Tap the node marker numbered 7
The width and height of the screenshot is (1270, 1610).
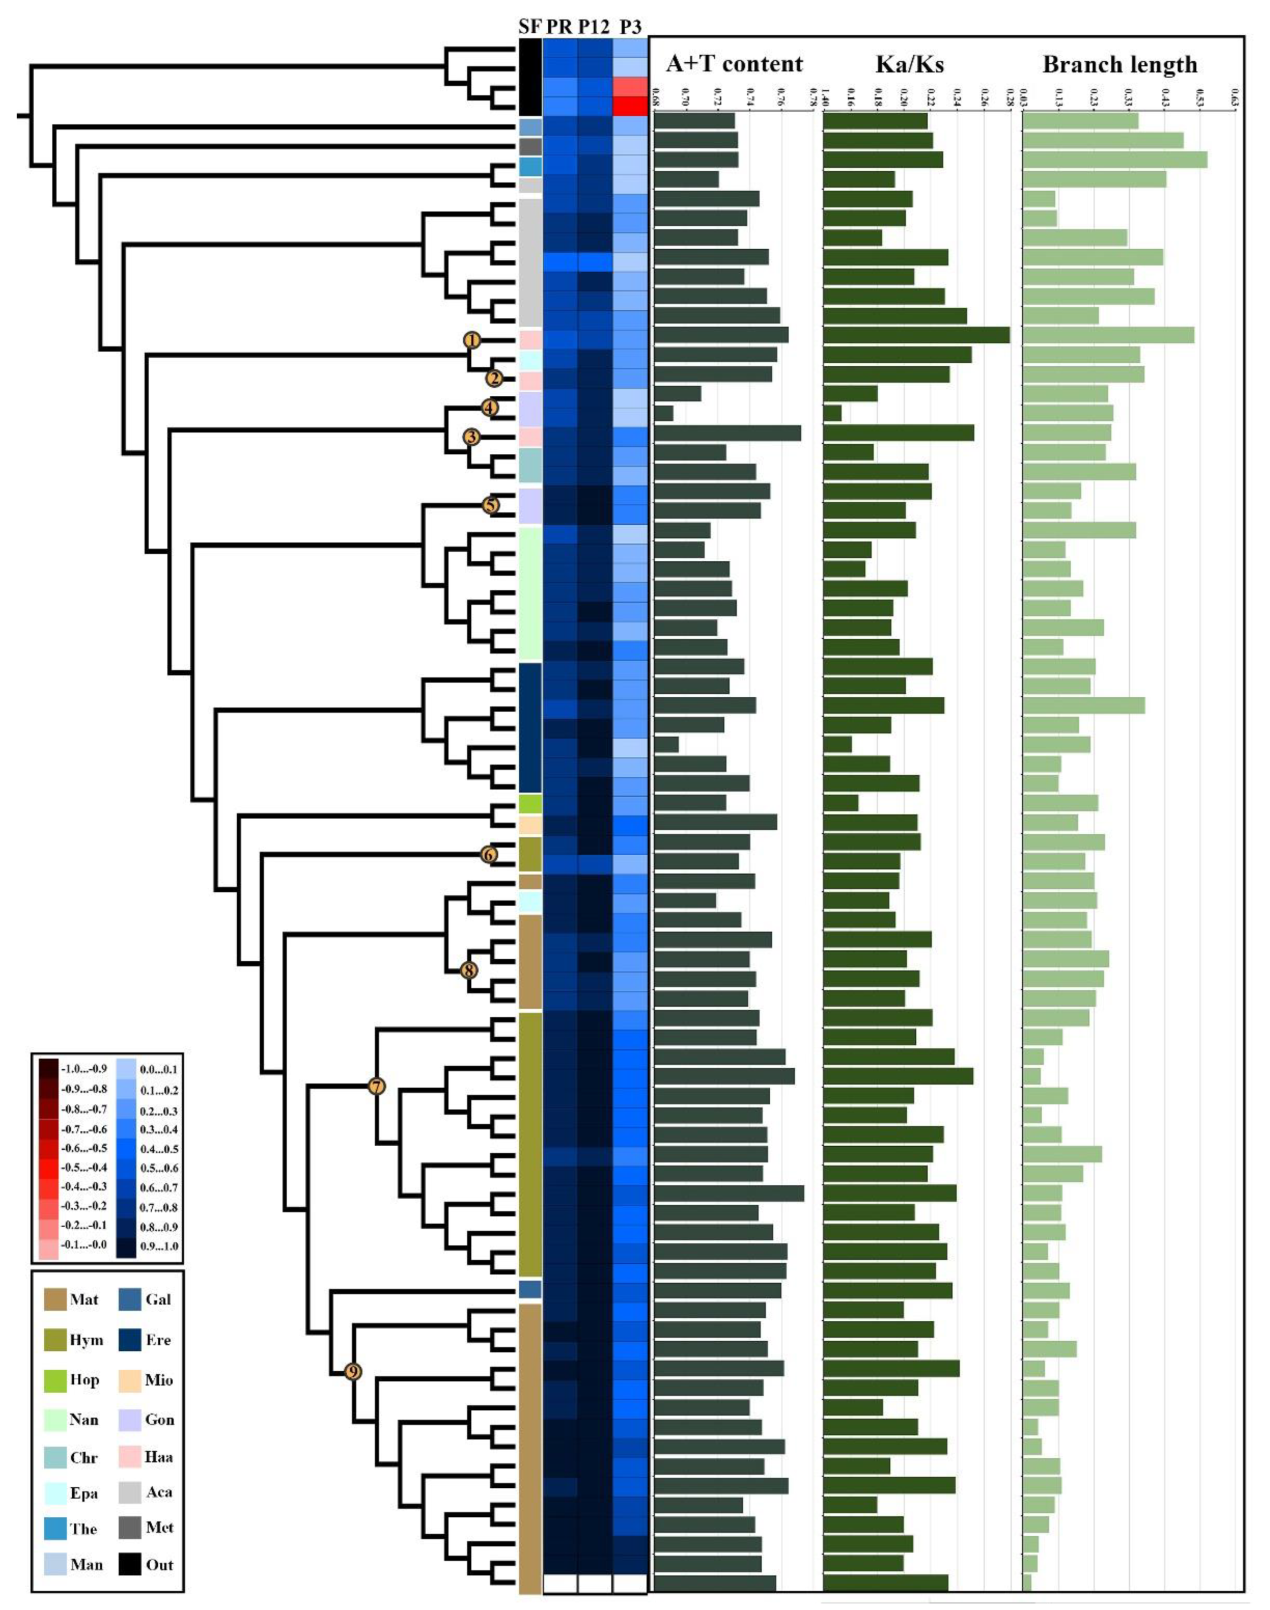(x=377, y=1086)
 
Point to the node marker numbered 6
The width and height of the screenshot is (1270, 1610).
(x=488, y=855)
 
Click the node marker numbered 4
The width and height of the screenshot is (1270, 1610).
(x=488, y=408)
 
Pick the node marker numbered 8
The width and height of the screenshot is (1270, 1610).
(x=468, y=970)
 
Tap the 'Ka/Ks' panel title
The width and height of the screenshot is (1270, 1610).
(x=910, y=64)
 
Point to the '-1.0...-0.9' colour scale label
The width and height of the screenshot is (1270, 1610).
(x=83, y=1069)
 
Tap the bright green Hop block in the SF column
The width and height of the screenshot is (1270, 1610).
(x=529, y=804)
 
